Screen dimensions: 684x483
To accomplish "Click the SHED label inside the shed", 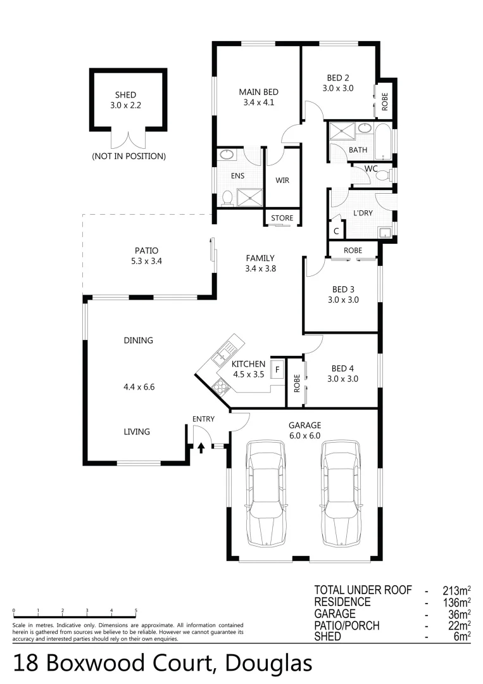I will (x=125, y=95).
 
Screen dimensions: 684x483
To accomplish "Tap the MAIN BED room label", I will (x=258, y=91).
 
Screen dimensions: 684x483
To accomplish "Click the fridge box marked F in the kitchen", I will (x=276, y=369).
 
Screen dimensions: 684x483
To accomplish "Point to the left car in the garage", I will (x=266, y=493).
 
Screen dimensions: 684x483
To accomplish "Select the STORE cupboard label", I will (x=282, y=218).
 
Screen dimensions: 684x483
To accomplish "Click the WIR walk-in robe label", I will (x=282, y=180).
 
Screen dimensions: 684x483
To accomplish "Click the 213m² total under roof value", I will (x=456, y=590).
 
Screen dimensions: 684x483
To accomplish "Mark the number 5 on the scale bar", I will (x=136, y=611).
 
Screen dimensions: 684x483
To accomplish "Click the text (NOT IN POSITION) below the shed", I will (x=129, y=156).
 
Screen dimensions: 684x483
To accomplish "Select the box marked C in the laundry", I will (x=336, y=231).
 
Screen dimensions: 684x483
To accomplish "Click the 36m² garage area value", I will (x=459, y=614).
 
